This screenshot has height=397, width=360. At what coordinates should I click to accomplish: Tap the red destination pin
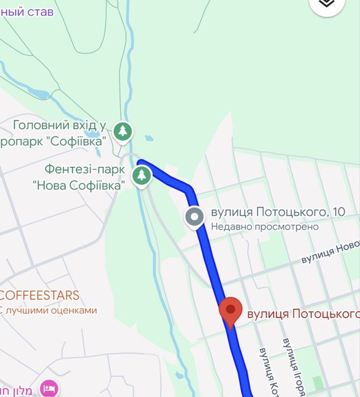tap(230, 311)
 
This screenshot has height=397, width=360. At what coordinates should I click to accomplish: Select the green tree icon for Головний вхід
tap(123, 132)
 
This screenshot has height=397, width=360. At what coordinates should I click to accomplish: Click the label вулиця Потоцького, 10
tap(278, 213)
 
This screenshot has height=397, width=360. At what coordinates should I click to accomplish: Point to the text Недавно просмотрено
tap(265, 226)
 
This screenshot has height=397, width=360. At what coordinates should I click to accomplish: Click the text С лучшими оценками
tap(48, 310)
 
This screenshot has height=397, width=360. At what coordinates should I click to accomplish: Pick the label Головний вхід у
tap(60, 125)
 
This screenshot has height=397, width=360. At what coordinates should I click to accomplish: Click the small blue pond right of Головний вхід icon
tap(149, 138)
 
